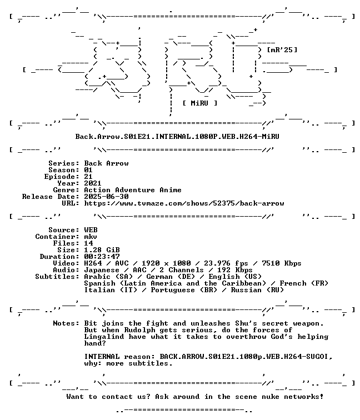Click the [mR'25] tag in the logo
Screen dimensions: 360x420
click(282, 50)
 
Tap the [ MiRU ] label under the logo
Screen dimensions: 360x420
click(200, 103)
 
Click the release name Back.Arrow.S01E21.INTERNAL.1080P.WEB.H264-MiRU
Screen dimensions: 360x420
click(177, 137)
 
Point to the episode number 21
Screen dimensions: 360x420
click(88, 177)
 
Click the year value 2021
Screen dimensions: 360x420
click(93, 183)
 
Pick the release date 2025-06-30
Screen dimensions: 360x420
click(106, 197)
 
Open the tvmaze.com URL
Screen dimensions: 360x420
click(184, 203)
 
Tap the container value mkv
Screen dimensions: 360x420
click(91, 237)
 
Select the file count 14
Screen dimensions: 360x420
click(88, 243)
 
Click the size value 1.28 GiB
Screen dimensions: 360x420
click(102, 250)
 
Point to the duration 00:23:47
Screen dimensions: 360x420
click(102, 257)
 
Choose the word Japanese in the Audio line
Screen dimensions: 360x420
click(102, 270)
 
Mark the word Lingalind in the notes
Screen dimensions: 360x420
click(104, 337)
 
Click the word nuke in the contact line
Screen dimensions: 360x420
click(271, 397)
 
